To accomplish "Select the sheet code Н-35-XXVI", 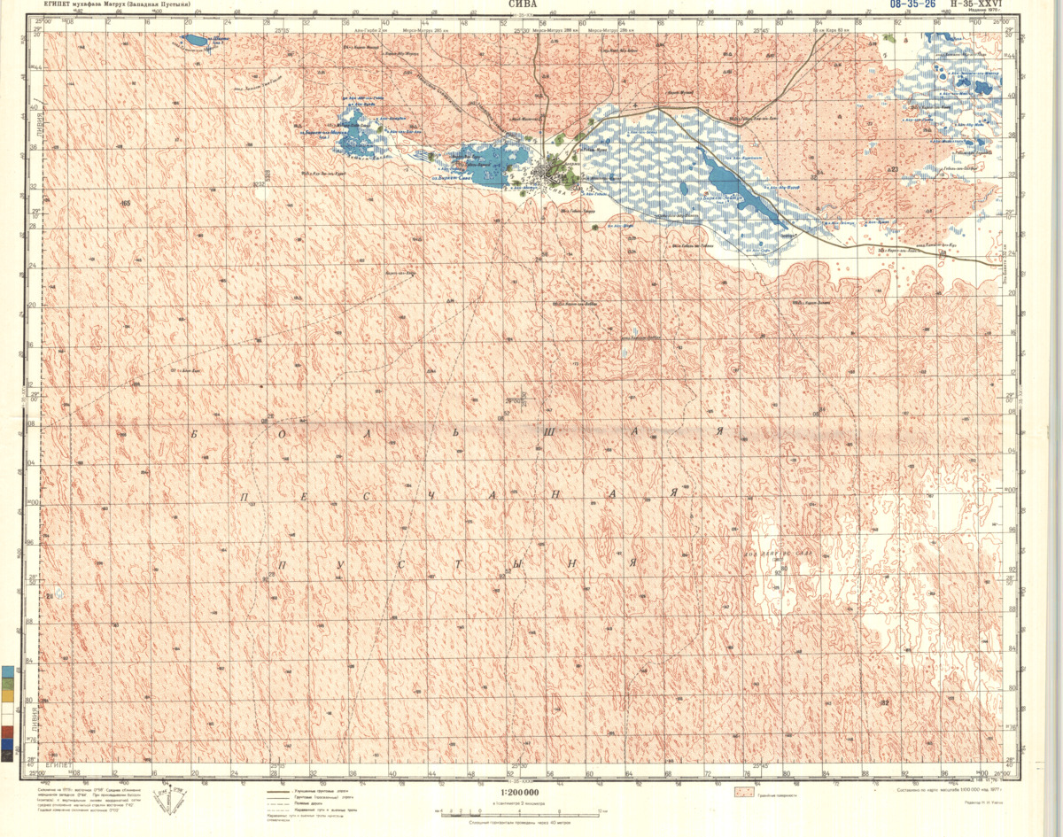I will [x=975, y=4].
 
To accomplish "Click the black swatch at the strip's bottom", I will [x=8, y=756].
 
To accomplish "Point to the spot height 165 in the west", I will [x=125, y=204].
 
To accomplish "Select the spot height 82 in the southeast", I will [x=883, y=703].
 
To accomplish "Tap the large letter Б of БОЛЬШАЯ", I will [x=194, y=434].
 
